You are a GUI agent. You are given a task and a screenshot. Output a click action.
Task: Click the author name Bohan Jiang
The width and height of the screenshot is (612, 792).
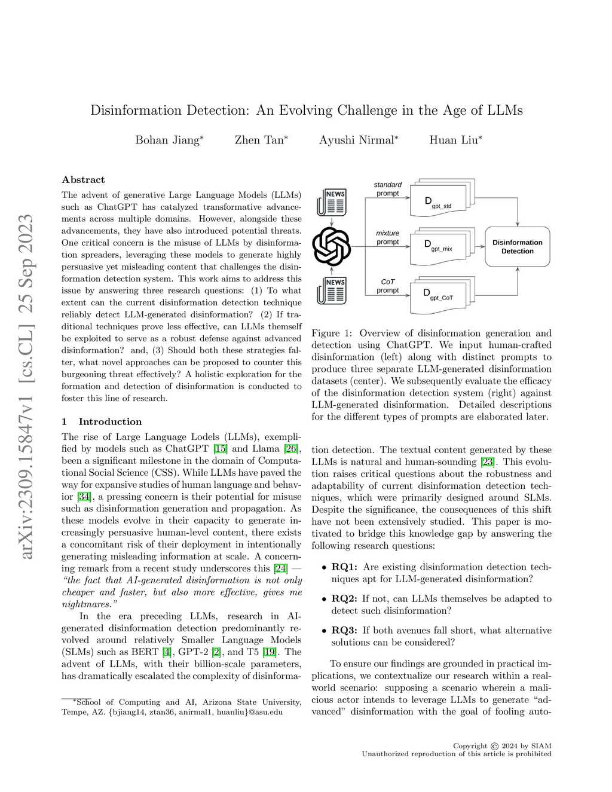point(167,140)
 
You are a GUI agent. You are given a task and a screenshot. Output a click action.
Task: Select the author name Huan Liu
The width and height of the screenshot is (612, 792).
point(454,140)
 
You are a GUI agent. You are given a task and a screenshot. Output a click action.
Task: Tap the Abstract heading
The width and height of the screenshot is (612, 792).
point(83,180)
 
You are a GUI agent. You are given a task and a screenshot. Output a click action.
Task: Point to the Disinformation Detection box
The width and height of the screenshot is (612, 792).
point(517,247)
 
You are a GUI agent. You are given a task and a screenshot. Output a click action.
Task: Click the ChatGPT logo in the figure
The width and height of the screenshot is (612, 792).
point(332,246)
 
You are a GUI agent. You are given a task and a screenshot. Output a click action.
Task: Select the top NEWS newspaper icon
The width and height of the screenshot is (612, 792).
point(332,201)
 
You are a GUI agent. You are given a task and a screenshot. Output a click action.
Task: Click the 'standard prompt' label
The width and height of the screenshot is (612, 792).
point(388,189)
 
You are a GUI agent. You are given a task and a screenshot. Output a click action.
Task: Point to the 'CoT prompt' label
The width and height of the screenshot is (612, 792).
point(388,286)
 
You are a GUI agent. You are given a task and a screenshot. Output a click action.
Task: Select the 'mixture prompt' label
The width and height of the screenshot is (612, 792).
point(388,237)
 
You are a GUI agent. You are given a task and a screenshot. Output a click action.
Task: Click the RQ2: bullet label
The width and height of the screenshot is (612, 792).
point(344,599)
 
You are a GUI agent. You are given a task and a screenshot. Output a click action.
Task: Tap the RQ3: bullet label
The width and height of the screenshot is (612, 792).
point(344,631)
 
